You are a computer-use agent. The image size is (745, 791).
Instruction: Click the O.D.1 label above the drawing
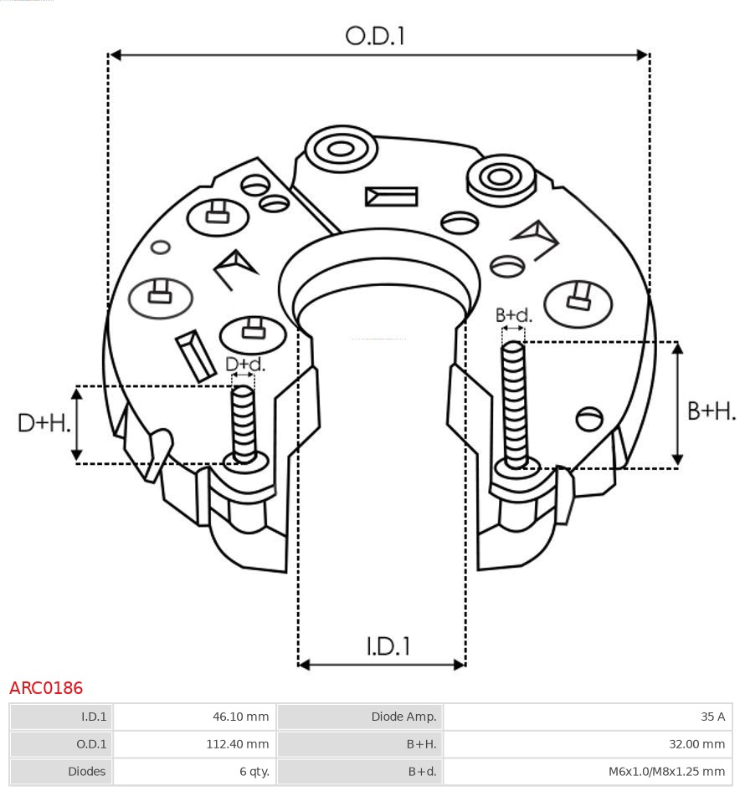pyautogui.click(x=375, y=36)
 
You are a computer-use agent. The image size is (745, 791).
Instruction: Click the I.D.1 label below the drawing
pyautogui.click(x=388, y=646)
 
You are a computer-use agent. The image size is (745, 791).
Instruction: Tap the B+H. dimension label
pyautogui.click(x=712, y=411)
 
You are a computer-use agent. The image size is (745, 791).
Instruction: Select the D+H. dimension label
pyautogui.click(x=44, y=423)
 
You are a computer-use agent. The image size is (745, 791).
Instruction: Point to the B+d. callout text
pyautogui.click(x=514, y=315)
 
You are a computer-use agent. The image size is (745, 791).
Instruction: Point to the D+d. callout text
pyautogui.click(x=245, y=364)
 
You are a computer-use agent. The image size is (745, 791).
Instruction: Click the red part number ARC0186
pyautogui.click(x=46, y=687)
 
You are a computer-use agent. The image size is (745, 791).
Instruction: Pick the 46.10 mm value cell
pyautogui.click(x=240, y=717)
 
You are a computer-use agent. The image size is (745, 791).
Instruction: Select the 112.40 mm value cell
pyautogui.click(x=238, y=743)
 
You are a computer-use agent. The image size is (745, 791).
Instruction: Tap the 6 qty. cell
pyautogui.click(x=254, y=771)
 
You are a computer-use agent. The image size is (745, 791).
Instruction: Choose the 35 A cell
pyautogui.click(x=712, y=717)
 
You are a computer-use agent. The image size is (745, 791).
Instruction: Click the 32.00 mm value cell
pyautogui.click(x=696, y=743)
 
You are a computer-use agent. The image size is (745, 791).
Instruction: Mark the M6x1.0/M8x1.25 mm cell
pyautogui.click(x=666, y=771)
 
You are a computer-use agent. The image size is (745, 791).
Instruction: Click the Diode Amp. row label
pyautogui.click(x=403, y=717)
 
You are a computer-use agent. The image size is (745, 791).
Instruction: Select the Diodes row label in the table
pyautogui.click(x=87, y=771)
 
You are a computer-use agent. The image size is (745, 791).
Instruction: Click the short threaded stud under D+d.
pyautogui.click(x=244, y=425)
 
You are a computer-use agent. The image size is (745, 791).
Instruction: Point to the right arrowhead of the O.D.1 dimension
pyautogui.click(x=643, y=55)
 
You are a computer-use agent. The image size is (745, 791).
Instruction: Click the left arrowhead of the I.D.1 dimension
pyautogui.click(x=304, y=665)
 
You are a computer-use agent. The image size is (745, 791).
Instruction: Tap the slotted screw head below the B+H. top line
pyautogui.click(x=589, y=419)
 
